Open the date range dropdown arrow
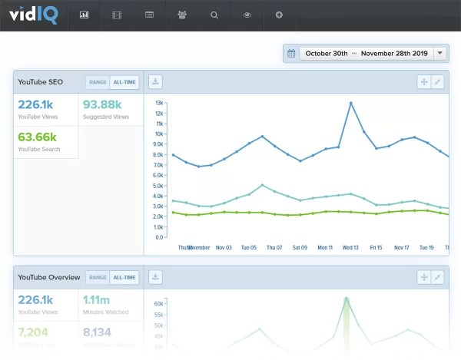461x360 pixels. click(439, 53)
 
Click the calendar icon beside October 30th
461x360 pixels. click(292, 53)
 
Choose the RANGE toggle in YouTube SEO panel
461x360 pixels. click(97, 82)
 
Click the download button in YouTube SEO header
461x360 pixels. click(155, 81)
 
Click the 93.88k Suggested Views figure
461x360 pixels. click(102, 105)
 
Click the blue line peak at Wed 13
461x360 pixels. click(351, 103)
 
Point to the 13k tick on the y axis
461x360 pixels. click(158, 102)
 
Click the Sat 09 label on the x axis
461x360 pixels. click(300, 248)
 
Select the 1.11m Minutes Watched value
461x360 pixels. click(97, 300)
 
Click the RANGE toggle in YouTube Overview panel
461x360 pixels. click(97, 277)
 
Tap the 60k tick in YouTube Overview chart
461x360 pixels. click(158, 304)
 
